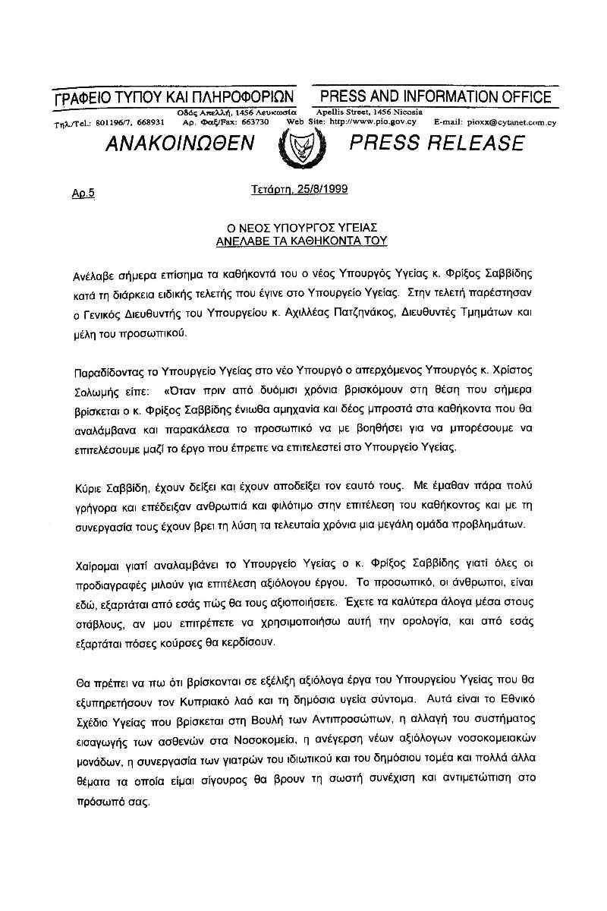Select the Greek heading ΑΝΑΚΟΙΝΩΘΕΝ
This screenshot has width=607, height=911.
point(181,143)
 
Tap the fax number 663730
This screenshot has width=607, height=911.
point(255,121)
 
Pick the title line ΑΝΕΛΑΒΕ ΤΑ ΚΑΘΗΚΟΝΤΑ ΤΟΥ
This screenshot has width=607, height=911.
point(301,241)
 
